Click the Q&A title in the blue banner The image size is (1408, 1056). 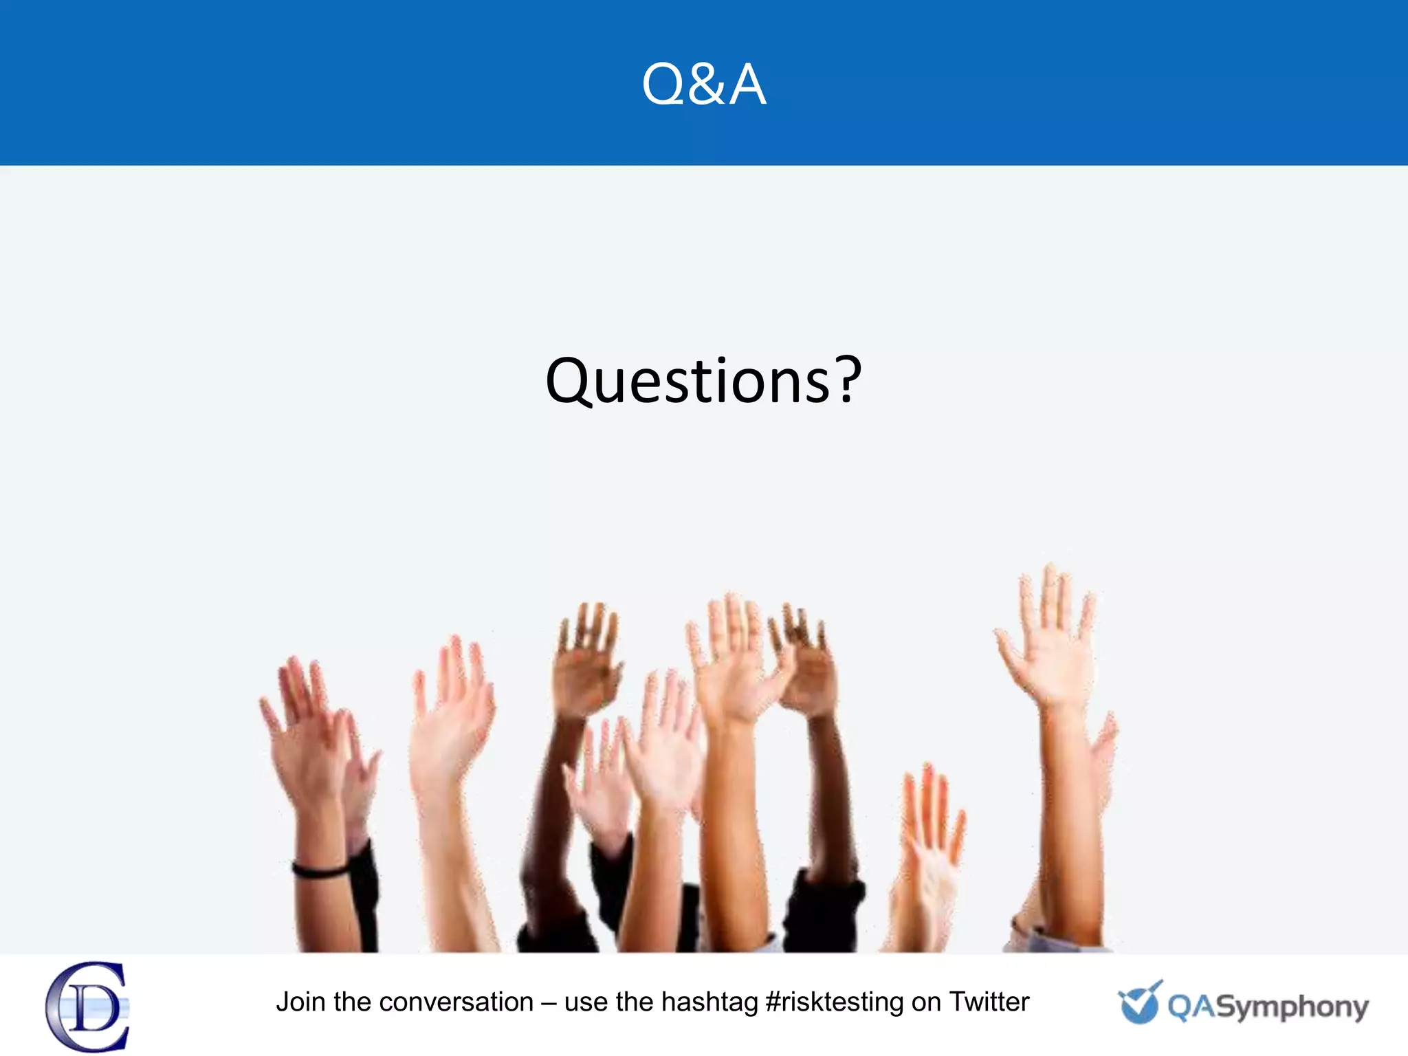tap(703, 84)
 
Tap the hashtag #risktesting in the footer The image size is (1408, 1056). tap(834, 1002)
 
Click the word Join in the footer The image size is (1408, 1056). tap(300, 1002)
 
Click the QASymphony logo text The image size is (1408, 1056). tap(1268, 1007)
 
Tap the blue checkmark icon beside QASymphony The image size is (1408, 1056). tap(1139, 1002)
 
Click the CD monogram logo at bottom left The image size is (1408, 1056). tap(88, 1006)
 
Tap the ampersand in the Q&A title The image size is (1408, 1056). tap(703, 85)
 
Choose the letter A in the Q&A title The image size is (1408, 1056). tap(747, 85)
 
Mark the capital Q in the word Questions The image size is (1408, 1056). tap(569, 382)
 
